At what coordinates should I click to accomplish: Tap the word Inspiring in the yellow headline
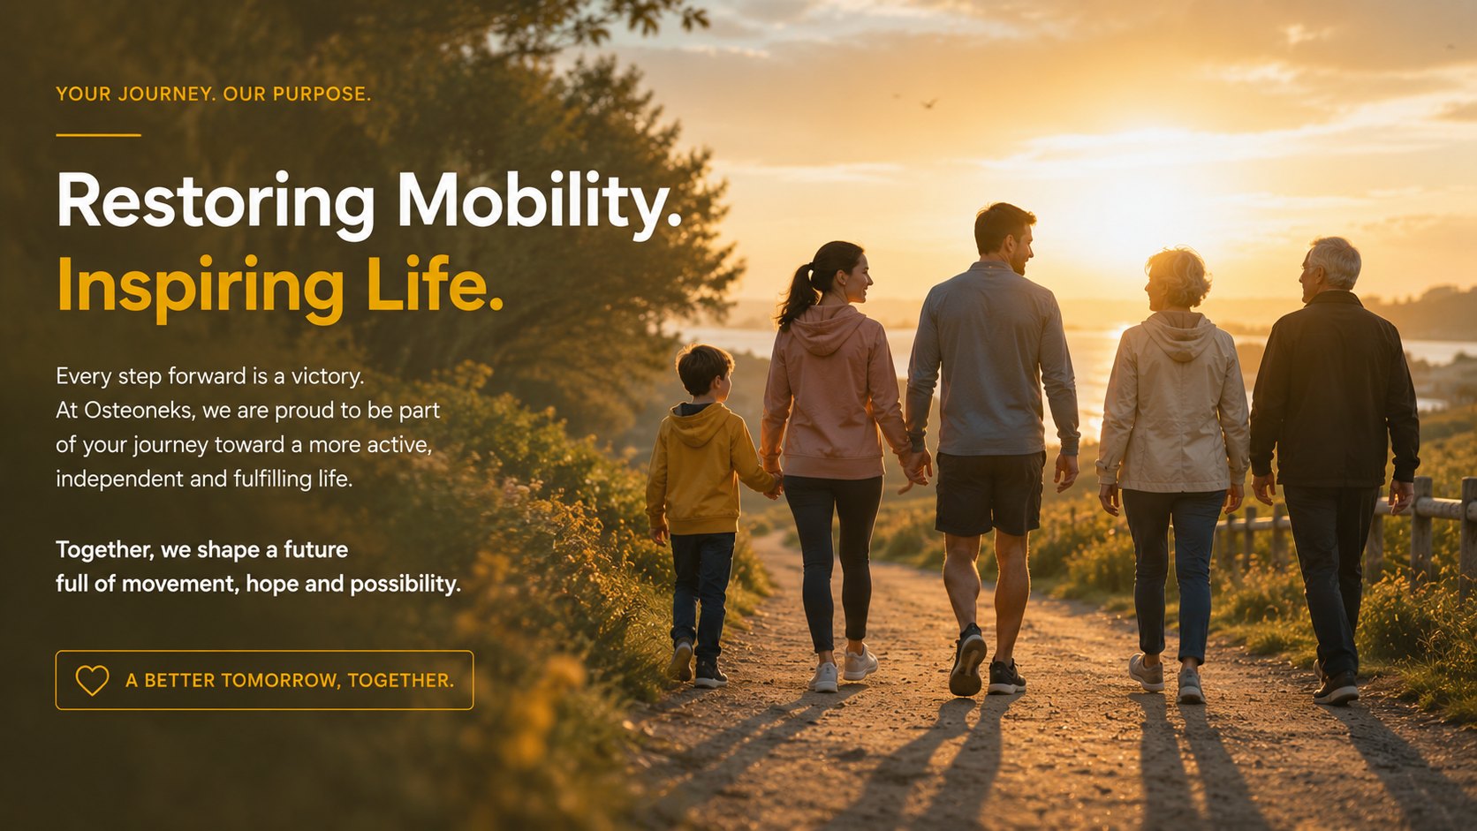pyautogui.click(x=201, y=288)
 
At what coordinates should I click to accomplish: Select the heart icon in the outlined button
pyautogui.click(x=92, y=680)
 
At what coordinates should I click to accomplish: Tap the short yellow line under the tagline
pyautogui.click(x=98, y=135)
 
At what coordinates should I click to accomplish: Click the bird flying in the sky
pyautogui.click(x=929, y=102)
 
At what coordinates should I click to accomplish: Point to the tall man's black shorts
pyautogui.click(x=989, y=492)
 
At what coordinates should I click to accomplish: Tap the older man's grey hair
pyautogui.click(x=1336, y=260)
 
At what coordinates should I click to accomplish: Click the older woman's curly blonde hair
pyautogui.click(x=1180, y=276)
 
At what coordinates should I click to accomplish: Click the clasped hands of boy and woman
pyautogui.click(x=773, y=484)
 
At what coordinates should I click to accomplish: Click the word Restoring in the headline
pyautogui.click(x=216, y=203)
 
